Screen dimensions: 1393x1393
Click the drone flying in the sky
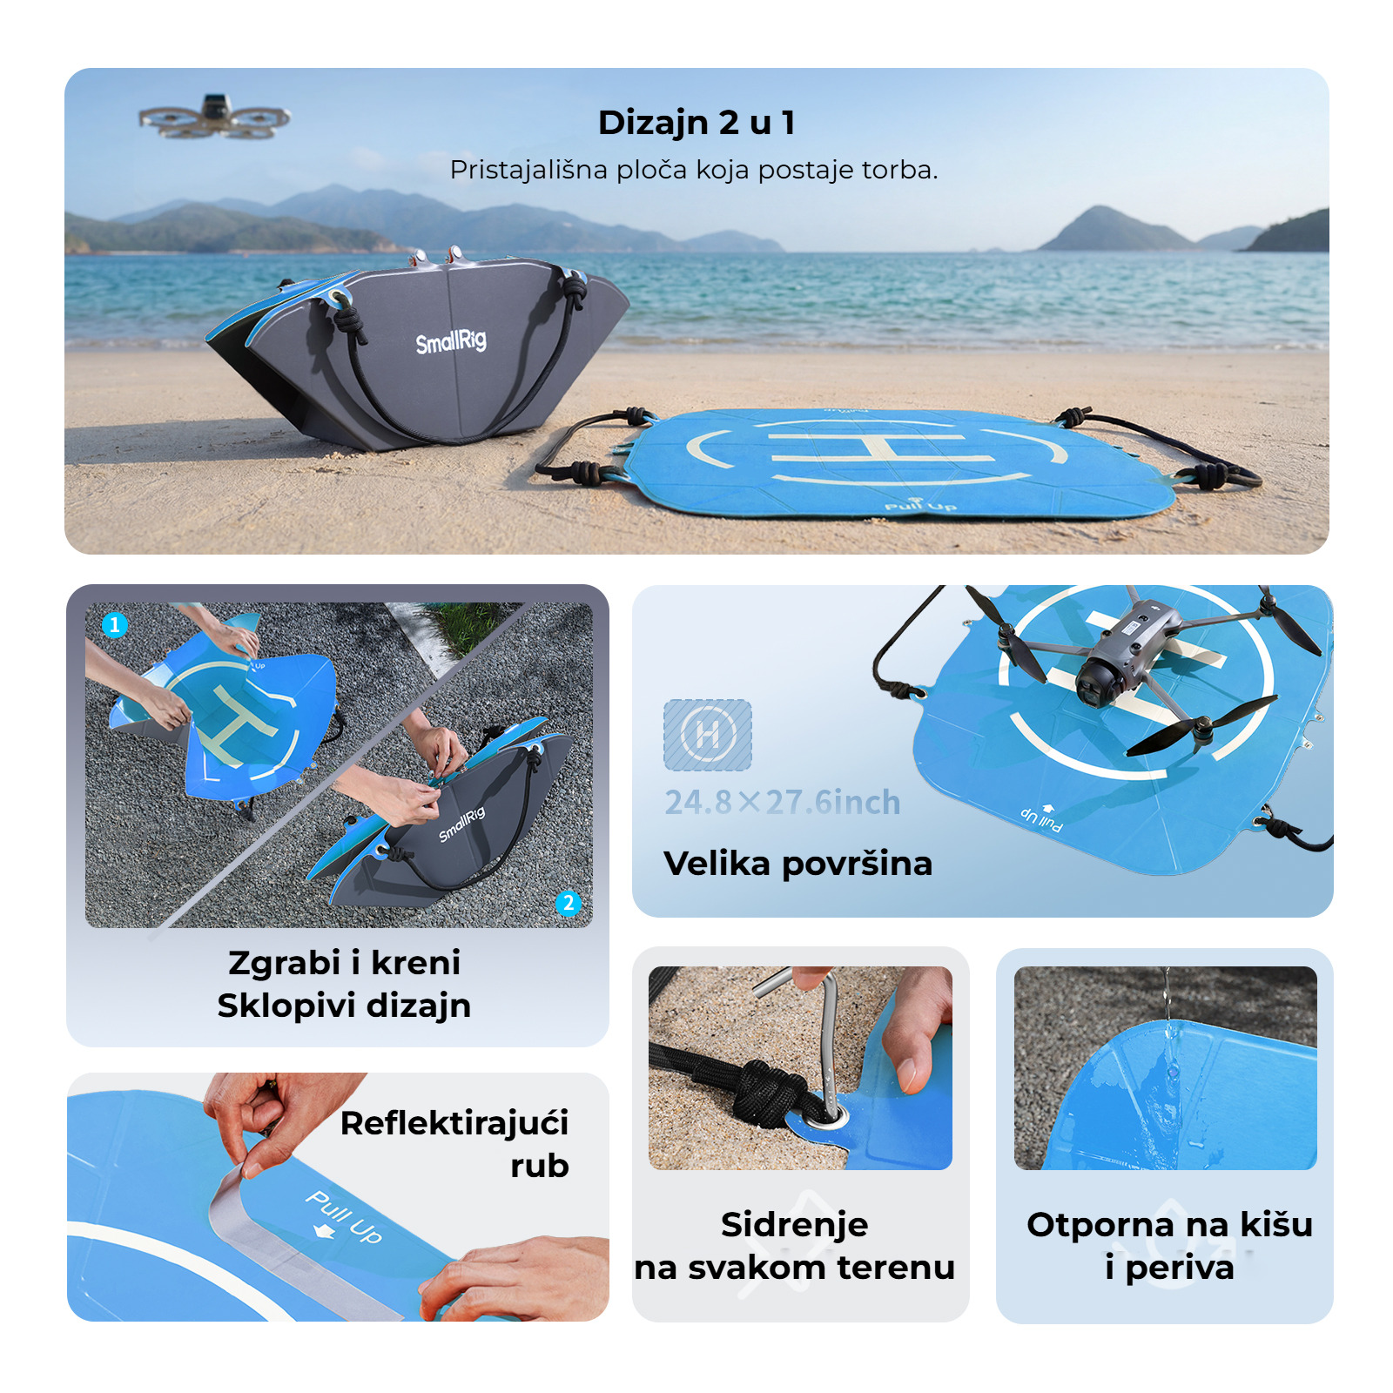pyautogui.click(x=214, y=116)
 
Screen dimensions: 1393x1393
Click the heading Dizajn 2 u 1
pyautogui.click(x=696, y=123)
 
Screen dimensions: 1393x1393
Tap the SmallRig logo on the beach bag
pyautogui.click(x=451, y=341)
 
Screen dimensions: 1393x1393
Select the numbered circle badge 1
pyautogui.click(x=115, y=624)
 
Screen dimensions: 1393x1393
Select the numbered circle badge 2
pyautogui.click(x=569, y=903)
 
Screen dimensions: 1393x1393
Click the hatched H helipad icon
pyautogui.click(x=708, y=735)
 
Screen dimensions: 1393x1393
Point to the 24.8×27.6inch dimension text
pyautogui.click(x=783, y=802)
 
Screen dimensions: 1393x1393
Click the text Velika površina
pyautogui.click(x=797, y=864)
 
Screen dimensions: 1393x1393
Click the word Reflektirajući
pyautogui.click(x=454, y=1124)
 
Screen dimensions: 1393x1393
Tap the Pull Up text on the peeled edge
pyautogui.click(x=343, y=1216)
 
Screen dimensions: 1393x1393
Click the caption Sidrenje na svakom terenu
pyautogui.click(x=795, y=1246)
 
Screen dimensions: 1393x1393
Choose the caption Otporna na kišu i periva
pyautogui.click(x=1169, y=1246)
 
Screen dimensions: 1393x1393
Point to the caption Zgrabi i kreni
pyautogui.click(x=344, y=963)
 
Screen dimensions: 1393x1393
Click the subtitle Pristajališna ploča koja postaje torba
pyautogui.click(x=694, y=170)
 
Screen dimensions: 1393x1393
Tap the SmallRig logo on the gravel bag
pyautogui.click(x=461, y=824)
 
